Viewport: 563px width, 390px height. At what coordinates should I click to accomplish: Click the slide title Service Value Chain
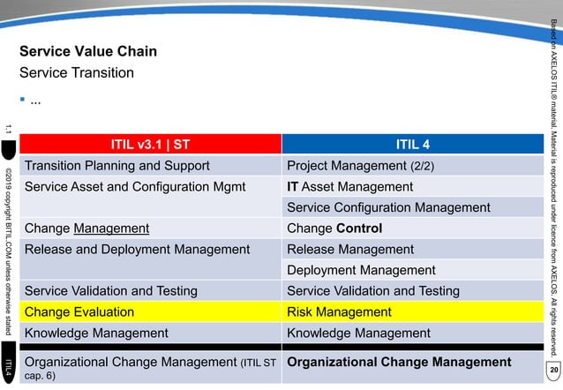pos(88,51)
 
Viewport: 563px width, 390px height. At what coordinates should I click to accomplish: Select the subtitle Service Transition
pos(77,72)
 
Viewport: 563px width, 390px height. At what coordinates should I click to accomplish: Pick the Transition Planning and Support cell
pos(116,166)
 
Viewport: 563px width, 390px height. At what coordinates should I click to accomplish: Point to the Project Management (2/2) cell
pos(360,166)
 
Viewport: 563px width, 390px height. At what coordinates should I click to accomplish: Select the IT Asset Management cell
pos(357,187)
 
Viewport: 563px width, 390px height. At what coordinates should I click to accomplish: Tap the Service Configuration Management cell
pos(388,208)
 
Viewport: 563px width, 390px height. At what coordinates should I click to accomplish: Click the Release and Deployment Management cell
pos(137,250)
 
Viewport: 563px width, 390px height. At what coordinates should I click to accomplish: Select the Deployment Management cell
pos(361,271)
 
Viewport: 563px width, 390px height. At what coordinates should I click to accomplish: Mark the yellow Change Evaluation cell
pos(79,312)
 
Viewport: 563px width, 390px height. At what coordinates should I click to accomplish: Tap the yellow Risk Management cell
pos(339,312)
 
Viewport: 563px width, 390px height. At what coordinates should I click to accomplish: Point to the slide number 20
pos(553,368)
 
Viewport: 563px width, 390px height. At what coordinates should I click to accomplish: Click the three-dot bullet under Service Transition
pos(35,101)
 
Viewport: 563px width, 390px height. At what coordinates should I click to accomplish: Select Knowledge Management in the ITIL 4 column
pos(358,334)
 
